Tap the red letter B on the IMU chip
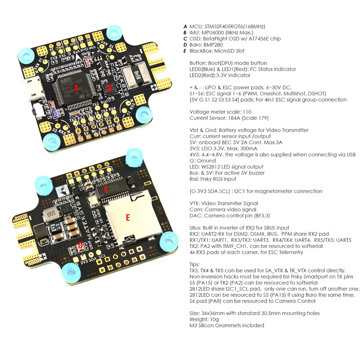[x=109, y=89]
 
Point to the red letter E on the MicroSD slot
[x=128, y=218]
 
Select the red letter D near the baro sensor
[x=80, y=245]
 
